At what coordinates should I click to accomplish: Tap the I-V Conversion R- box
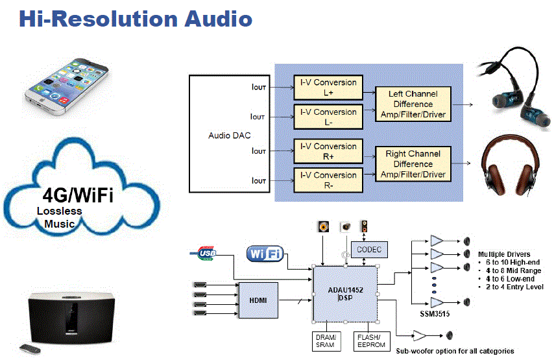click(x=328, y=180)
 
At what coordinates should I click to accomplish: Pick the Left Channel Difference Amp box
click(x=413, y=104)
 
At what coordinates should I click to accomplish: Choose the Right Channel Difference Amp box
click(x=413, y=164)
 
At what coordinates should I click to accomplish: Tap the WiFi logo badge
click(x=264, y=254)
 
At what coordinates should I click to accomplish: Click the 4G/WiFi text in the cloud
click(x=78, y=195)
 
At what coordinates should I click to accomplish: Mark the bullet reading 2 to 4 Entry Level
click(x=513, y=287)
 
